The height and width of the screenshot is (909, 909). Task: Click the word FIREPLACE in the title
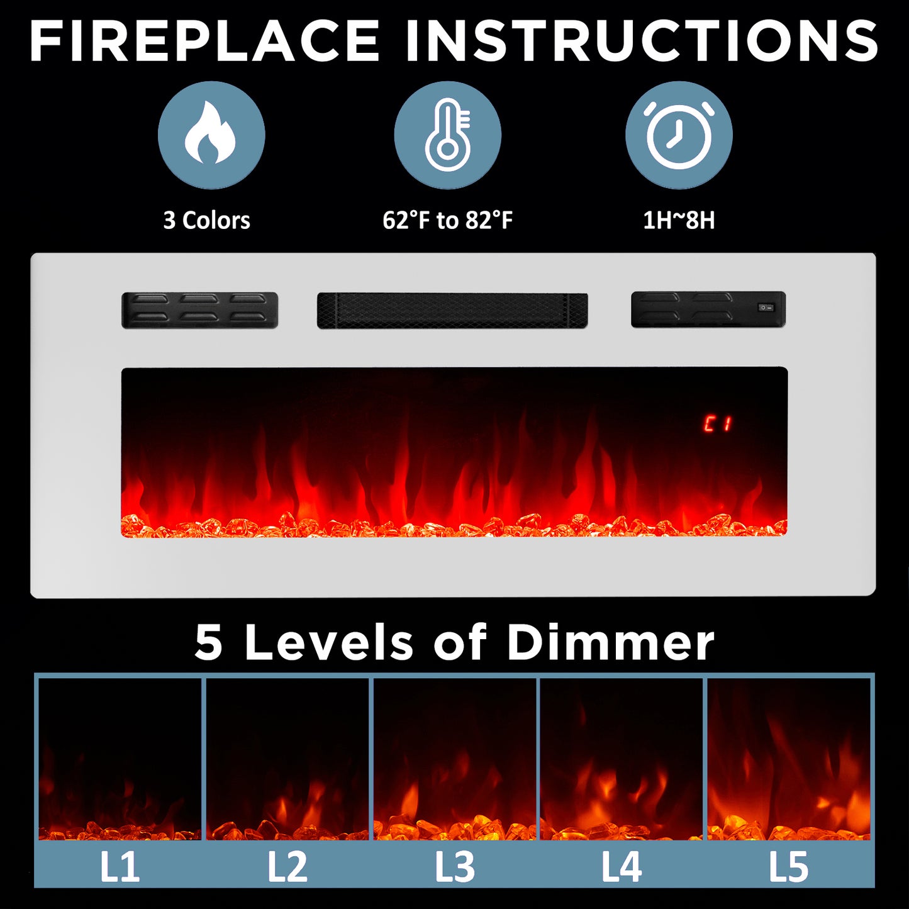(204, 40)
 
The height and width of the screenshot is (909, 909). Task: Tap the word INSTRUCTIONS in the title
(642, 40)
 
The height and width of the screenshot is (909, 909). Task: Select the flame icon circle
(211, 135)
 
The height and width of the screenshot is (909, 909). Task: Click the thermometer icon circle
(448, 135)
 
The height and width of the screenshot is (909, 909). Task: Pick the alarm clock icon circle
(679, 135)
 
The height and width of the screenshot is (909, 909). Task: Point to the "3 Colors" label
(206, 220)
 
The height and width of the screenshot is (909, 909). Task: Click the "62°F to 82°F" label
(447, 220)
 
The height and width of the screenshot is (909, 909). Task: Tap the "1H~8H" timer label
(679, 220)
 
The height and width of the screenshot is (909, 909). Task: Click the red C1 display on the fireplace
(718, 423)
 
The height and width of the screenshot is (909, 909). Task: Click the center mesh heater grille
(452, 310)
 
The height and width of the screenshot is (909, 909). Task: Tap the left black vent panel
(199, 310)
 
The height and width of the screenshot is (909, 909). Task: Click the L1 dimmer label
(120, 867)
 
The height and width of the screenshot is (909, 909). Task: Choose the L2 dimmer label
(287, 867)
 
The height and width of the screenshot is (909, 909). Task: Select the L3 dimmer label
(454, 867)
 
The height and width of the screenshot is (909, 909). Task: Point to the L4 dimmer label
(622, 867)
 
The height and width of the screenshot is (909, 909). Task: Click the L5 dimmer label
(789, 867)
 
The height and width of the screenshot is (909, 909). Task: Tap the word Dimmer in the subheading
(610, 642)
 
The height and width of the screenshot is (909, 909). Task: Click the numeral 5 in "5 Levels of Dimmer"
(208, 643)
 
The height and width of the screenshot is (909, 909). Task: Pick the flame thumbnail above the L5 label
(789, 759)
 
